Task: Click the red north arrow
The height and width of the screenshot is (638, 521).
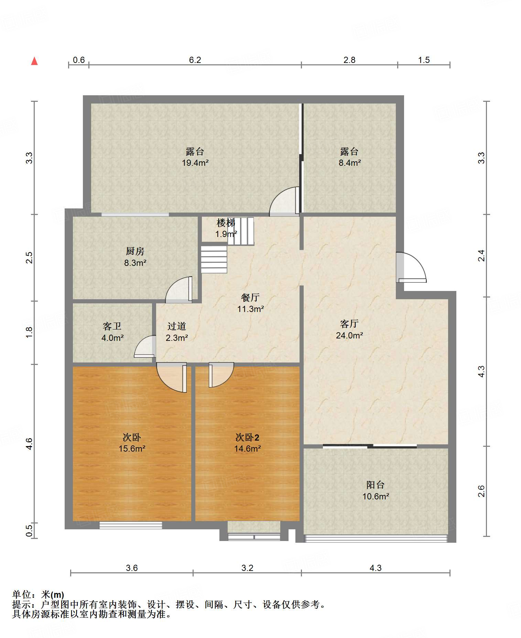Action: (34, 61)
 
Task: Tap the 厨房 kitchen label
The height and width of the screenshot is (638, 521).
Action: (135, 251)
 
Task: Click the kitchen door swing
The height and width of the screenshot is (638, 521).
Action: (179, 290)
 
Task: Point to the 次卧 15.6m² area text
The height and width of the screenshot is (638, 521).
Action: (132, 448)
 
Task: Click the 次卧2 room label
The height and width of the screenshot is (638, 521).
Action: (247, 437)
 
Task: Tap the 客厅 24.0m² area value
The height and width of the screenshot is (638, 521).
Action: (349, 335)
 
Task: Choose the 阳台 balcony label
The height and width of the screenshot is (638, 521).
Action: (375, 485)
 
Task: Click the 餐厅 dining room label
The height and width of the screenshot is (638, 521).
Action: (250, 298)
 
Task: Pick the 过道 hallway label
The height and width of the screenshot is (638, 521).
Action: (177, 326)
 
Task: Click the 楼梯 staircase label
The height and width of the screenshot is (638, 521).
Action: (226, 223)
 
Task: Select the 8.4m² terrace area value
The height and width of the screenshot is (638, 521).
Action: (350, 163)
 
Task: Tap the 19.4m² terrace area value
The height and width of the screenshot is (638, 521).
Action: (195, 163)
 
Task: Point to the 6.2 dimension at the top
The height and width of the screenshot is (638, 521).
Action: (195, 60)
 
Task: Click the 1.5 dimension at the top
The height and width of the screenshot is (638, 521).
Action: (424, 60)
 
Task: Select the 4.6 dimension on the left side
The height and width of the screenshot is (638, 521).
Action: (30, 444)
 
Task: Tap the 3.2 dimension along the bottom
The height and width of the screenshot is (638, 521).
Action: (247, 568)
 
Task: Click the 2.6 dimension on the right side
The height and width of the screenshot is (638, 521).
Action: (481, 491)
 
